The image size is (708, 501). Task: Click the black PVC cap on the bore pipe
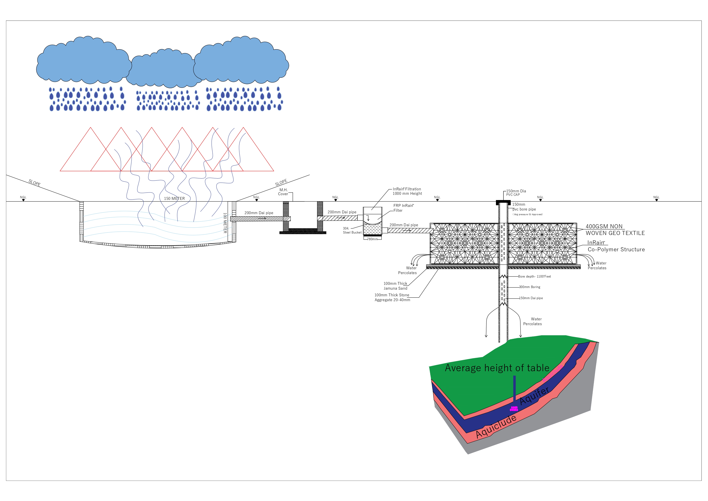tap(503, 203)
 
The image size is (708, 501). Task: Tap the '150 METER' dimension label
tap(174, 198)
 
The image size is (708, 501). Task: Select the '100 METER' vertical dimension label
tap(225, 222)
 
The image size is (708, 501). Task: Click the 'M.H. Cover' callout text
tap(283, 192)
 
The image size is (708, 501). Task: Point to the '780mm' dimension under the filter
tap(372, 239)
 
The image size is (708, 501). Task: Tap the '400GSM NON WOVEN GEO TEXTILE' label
tap(615, 230)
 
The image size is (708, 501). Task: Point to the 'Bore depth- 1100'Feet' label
tap(534, 276)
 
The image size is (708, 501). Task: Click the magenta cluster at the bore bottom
tap(514, 409)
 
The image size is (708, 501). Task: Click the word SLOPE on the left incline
tap(35, 183)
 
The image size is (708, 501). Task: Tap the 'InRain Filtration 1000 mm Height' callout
tap(407, 191)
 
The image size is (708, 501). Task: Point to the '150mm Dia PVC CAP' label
tap(516, 193)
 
